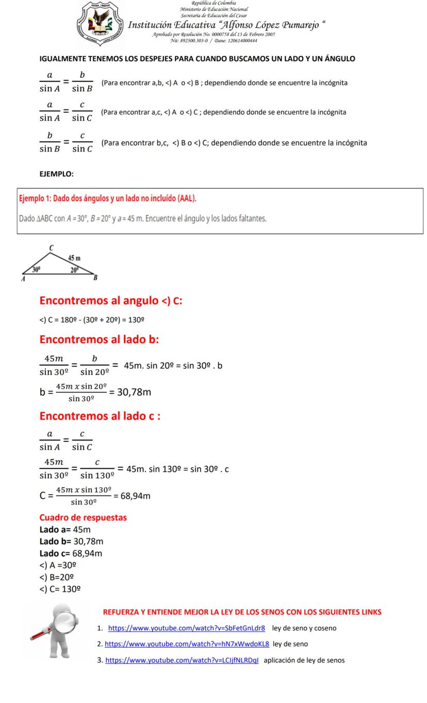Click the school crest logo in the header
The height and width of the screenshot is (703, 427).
100,25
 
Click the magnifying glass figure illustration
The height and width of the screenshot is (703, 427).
55,629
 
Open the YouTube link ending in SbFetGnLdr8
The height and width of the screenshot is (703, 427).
187,628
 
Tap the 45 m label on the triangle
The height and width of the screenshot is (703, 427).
74,258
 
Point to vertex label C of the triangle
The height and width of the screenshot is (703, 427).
51,248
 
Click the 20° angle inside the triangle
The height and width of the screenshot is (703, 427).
75,269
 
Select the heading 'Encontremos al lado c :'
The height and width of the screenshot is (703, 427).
100,416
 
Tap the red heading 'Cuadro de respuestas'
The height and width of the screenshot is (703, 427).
83,517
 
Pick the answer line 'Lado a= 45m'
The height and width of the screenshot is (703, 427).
65,530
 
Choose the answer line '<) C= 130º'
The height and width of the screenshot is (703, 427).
59,589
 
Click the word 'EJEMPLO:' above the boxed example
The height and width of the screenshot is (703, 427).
56,174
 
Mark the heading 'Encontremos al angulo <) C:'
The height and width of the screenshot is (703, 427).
110,301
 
